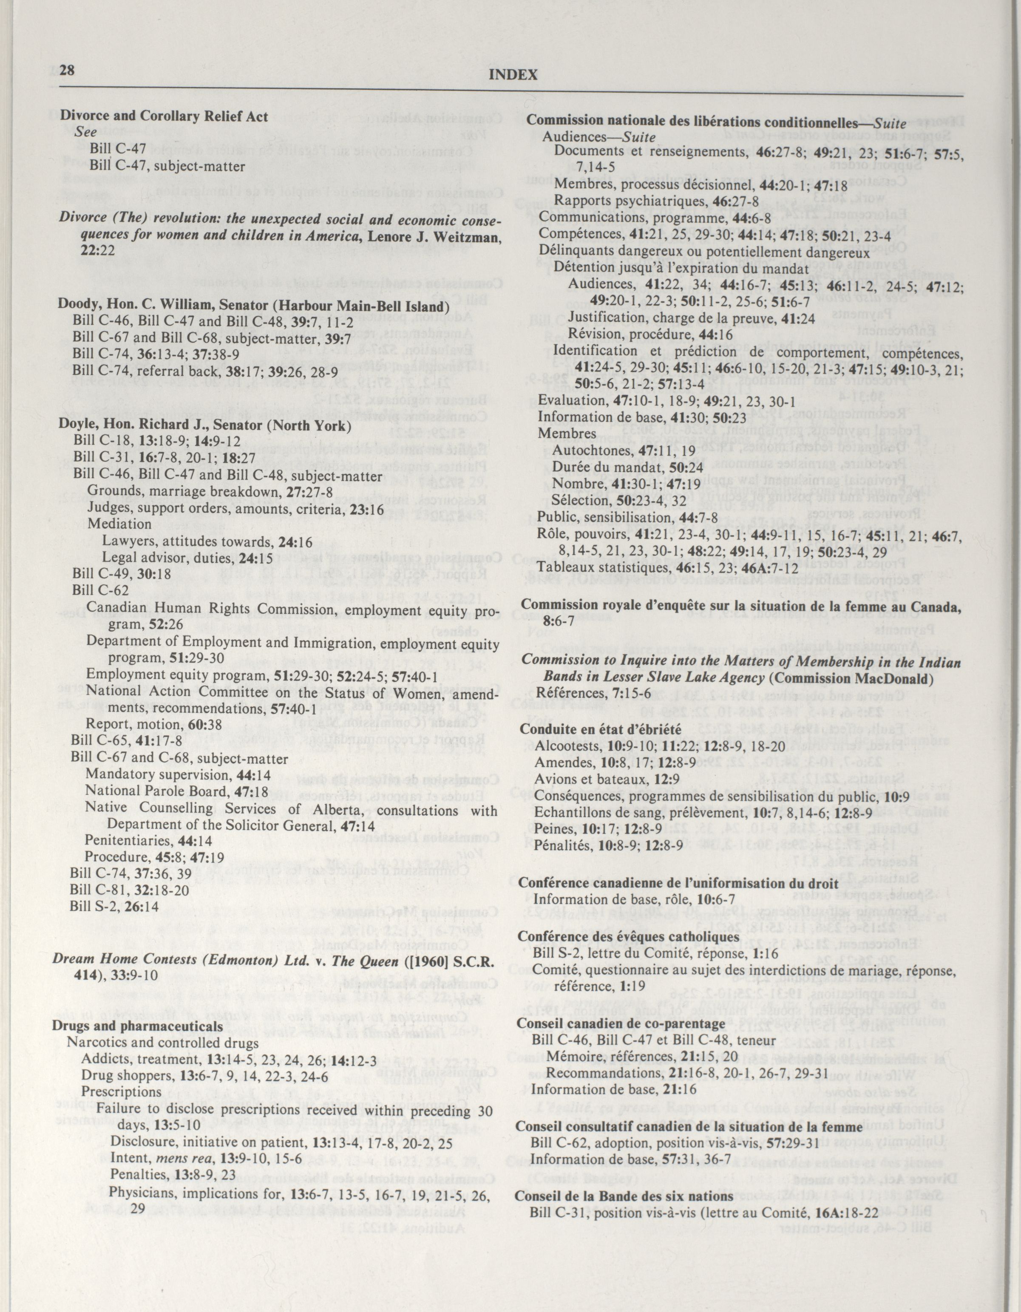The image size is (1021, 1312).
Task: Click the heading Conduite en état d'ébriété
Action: [x=600, y=729]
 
